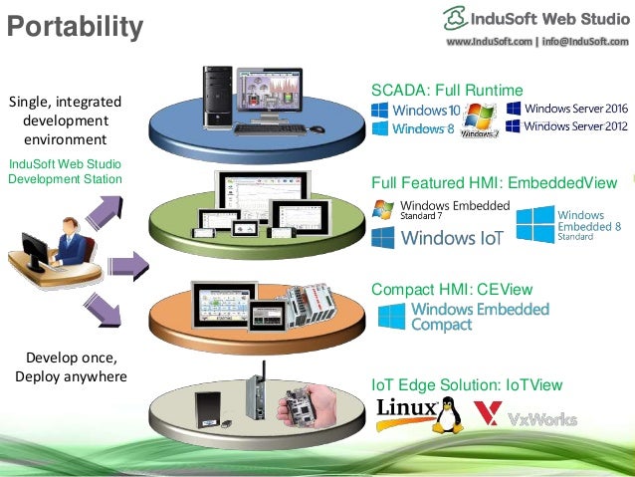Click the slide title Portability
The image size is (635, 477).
pos(75,26)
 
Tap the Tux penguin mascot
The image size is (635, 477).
pos(448,412)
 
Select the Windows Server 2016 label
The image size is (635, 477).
pos(566,108)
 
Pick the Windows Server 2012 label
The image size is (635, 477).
pos(566,126)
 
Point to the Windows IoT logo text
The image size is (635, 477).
pos(438,238)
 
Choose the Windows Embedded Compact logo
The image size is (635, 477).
pos(463,317)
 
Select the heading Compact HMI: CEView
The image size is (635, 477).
pos(452,290)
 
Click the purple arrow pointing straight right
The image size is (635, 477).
pos(127,264)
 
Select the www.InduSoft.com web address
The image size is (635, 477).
pos(489,42)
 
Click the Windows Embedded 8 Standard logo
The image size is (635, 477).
pos(567,225)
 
